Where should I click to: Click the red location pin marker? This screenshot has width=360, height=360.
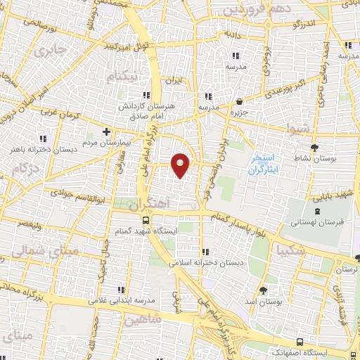point(181,165)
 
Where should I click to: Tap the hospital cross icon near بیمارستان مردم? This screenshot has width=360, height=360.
point(106,131)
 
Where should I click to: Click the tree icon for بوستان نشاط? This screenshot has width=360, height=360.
point(314,147)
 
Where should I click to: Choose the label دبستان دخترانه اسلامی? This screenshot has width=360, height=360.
point(205,262)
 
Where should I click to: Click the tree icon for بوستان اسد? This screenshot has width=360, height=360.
point(264,290)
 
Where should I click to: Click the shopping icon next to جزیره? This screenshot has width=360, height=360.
point(239,101)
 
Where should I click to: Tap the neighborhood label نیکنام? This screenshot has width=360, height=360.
point(125,75)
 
